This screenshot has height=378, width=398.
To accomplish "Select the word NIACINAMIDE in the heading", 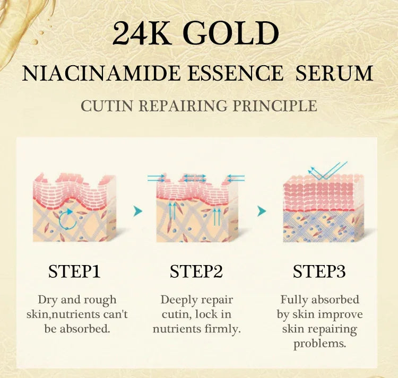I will click(x=107, y=73).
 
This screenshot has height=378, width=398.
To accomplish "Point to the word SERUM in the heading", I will click(x=334, y=73).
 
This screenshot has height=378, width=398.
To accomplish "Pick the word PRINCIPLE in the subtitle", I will click(x=275, y=106).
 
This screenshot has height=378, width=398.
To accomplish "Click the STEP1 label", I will click(x=74, y=271).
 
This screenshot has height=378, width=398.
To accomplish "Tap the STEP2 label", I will click(x=196, y=271).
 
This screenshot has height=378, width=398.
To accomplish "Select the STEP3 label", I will click(x=319, y=271).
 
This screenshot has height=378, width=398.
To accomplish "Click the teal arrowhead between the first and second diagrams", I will click(x=138, y=212).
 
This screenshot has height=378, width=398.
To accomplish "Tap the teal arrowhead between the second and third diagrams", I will click(x=261, y=212).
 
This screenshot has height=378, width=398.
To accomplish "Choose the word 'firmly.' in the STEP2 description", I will click(x=223, y=329).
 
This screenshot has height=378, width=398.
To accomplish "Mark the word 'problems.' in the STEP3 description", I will click(x=319, y=344).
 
